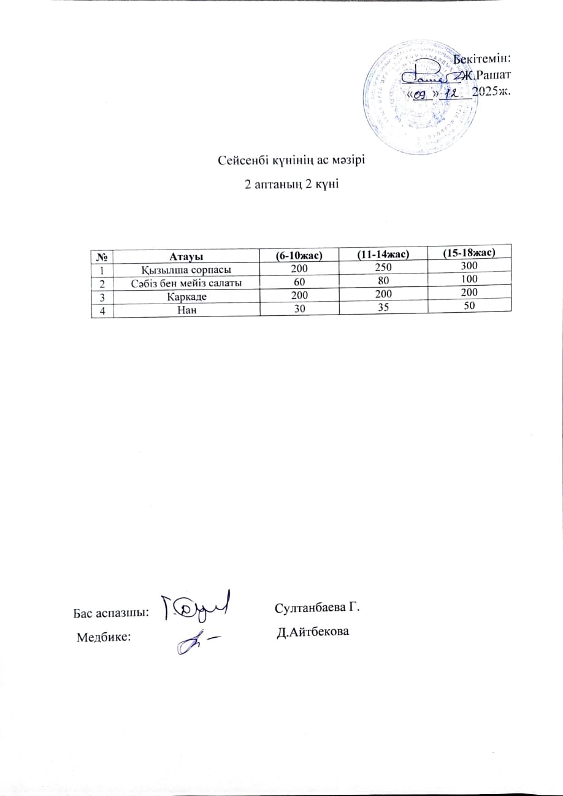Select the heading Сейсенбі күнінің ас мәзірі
point(292,161)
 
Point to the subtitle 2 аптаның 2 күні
point(292,185)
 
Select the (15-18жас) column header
point(469,253)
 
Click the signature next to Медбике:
point(197,643)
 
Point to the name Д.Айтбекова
point(313,632)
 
